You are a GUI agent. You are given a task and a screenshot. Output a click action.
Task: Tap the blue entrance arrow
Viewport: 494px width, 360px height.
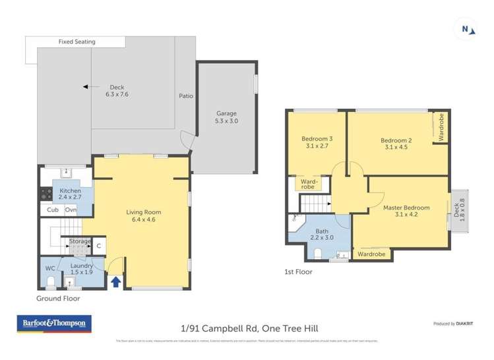[116, 282]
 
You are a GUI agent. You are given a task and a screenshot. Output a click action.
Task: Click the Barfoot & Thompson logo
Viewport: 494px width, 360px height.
[54, 324]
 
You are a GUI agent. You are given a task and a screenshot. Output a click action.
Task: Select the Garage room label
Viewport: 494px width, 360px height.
[226, 117]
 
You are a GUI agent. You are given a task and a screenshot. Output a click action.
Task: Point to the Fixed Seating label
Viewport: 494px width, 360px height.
[77, 42]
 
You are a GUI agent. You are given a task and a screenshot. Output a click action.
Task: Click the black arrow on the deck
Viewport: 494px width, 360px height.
[86, 86]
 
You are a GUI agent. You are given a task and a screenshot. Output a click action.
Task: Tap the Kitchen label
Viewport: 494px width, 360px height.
[71, 194]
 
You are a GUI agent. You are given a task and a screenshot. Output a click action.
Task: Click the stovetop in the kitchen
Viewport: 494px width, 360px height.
[47, 194]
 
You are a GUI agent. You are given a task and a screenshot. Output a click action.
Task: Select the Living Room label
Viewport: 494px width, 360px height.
[144, 216]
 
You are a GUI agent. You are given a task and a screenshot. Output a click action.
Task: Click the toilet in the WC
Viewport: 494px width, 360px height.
[50, 282]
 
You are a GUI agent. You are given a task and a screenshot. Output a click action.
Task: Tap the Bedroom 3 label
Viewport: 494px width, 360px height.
[317, 142]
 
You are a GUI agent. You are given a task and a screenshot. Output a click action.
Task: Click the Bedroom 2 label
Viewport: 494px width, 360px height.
[396, 143]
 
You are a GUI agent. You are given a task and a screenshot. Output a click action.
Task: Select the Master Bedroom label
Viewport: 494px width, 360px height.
[406, 211]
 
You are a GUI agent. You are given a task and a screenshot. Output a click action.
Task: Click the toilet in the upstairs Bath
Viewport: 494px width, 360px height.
[317, 253]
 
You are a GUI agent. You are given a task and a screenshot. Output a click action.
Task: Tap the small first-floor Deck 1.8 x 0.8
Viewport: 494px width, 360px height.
[459, 210]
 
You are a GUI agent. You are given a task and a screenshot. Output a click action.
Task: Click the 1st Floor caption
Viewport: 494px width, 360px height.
[298, 272]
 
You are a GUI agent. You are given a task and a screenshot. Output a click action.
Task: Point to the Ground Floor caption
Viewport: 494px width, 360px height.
[58, 298]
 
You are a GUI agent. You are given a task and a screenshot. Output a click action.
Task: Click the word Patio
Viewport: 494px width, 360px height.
[186, 96]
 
